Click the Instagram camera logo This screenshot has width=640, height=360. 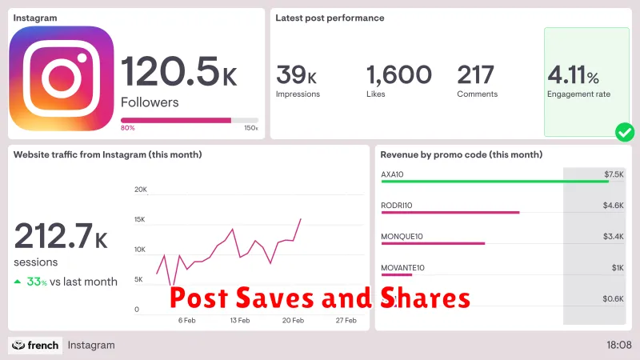62,78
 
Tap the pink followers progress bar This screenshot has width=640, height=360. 176,120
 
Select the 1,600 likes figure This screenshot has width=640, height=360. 398,75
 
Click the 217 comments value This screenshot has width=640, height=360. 475,75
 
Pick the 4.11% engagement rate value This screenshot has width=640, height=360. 573,76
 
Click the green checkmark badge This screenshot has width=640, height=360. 624,132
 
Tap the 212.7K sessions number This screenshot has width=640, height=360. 61,238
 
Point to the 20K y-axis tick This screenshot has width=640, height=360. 141,190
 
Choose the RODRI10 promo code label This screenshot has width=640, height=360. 396,206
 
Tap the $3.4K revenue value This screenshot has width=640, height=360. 614,237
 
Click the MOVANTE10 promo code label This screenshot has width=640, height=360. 402,268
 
